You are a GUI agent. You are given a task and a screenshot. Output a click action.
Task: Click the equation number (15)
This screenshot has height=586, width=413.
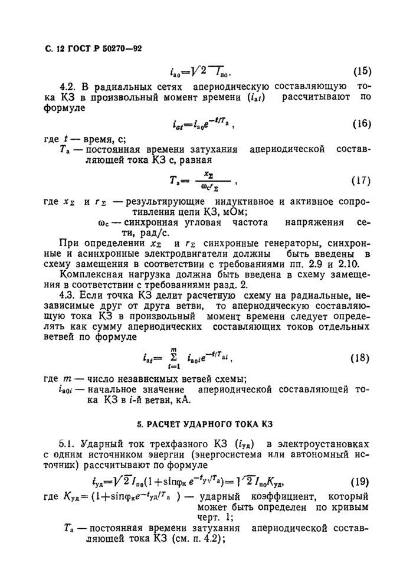pos(362,73)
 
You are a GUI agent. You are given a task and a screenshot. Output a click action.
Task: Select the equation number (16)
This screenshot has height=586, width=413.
pos(362,125)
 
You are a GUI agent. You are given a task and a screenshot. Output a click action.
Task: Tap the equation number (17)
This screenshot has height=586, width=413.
pos(362,179)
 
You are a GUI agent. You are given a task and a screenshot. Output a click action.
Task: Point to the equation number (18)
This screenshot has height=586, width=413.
pos(362,358)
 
